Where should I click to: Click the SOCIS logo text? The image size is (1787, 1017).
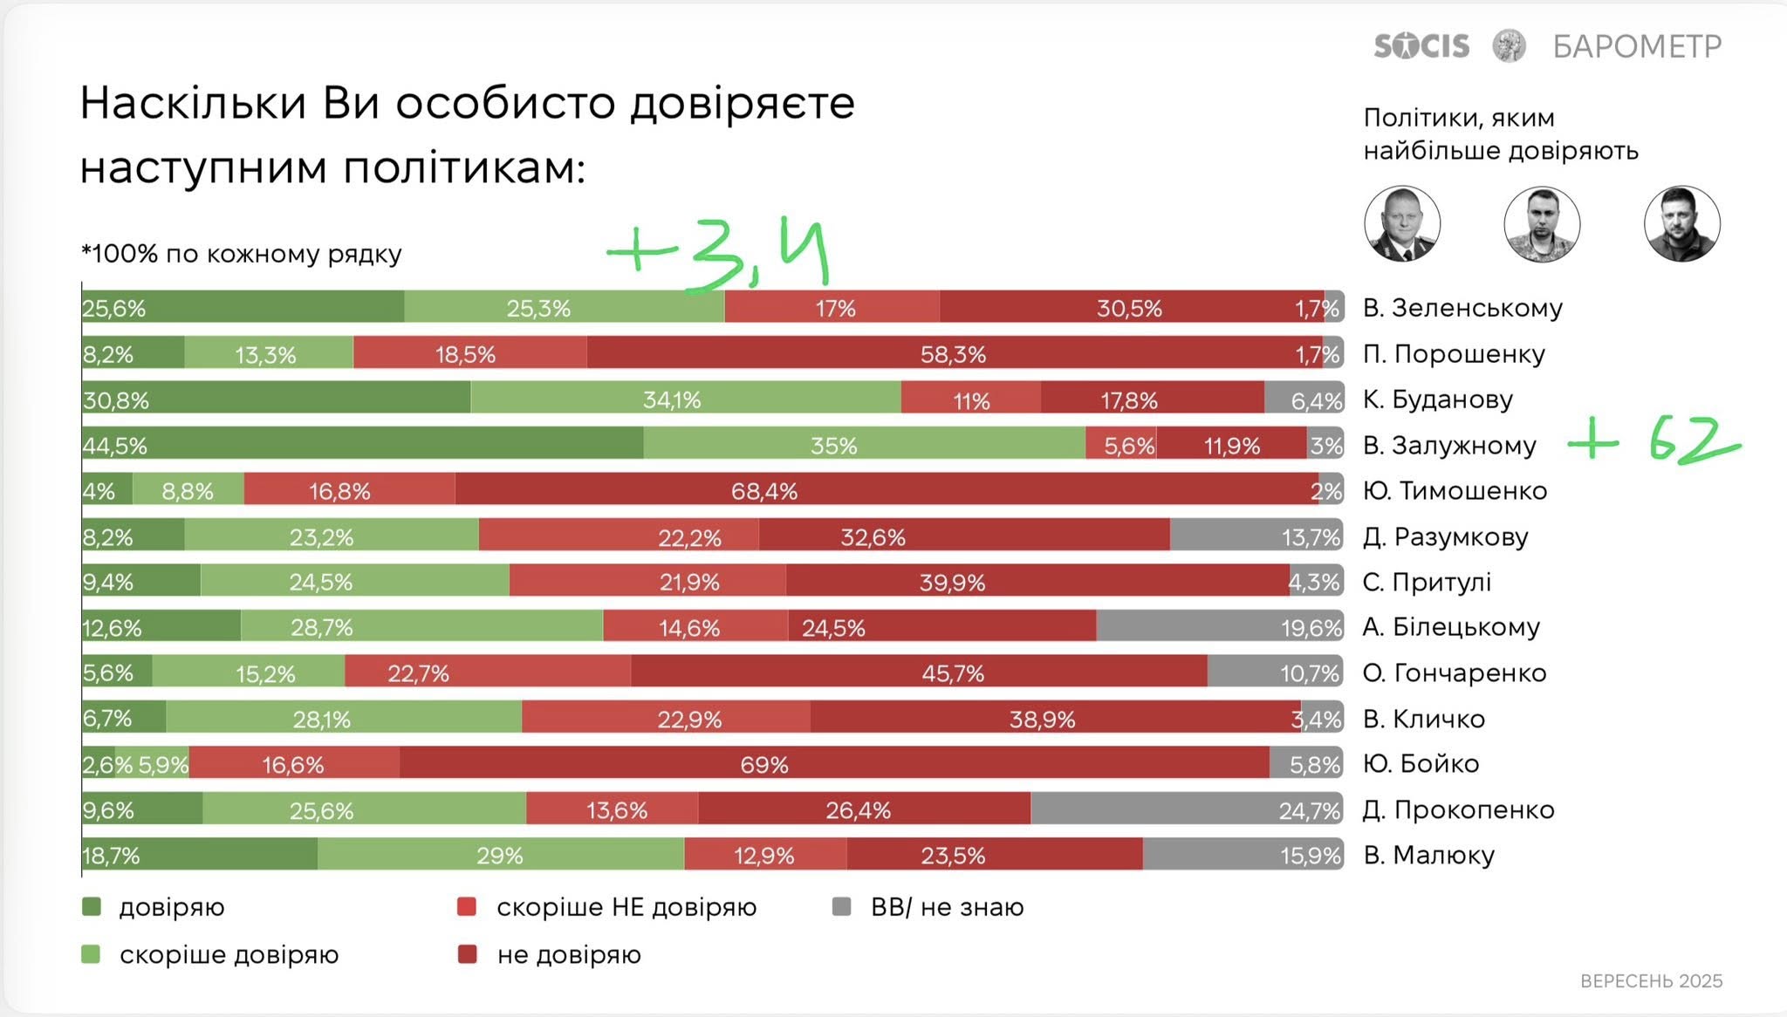coord(1421,45)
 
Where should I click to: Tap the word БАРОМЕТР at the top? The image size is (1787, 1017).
coord(1637,46)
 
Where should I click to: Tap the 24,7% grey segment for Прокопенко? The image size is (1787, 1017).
coord(1187,809)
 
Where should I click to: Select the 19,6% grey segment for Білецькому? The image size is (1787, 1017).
coord(1220,627)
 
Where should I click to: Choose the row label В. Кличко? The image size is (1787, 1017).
coord(1424,719)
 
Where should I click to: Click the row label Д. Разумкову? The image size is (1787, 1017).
coord(1445,536)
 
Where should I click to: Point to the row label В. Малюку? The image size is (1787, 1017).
coord(1428,855)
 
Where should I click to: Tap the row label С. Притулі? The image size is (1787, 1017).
coord(1427,582)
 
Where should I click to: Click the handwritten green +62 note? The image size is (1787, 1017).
coord(1654,441)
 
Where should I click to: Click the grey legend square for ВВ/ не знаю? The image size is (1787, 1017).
coord(841,907)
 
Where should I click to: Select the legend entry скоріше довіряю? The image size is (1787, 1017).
coord(229,955)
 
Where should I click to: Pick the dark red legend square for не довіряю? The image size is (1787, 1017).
coord(468,955)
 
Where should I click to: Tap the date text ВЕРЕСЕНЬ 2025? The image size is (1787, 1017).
coord(1651,981)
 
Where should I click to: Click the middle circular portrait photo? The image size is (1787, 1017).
coord(1542,224)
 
